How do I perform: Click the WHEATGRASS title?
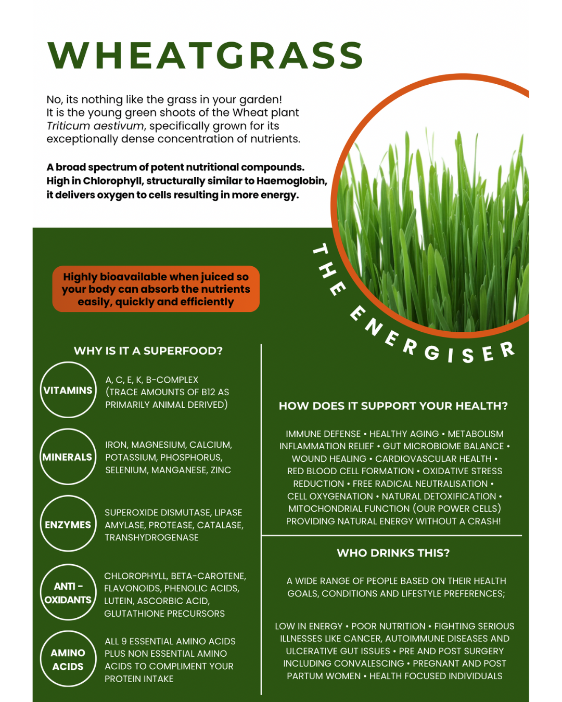(206, 55)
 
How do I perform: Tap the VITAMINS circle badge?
(68, 390)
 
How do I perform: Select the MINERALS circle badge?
(68, 457)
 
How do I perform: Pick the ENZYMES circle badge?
(68, 524)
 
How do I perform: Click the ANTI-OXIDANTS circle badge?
(68, 592)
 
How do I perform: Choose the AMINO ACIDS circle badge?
(68, 659)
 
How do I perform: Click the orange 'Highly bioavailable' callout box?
(156, 289)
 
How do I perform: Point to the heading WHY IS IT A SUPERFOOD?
(148, 351)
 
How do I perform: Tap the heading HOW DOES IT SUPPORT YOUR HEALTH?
(393, 406)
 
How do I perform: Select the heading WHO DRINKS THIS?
(393, 553)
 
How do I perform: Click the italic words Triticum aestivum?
(95, 126)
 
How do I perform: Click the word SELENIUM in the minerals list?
(126, 470)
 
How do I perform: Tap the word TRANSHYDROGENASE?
(151, 538)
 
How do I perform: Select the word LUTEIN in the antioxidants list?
(118, 601)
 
